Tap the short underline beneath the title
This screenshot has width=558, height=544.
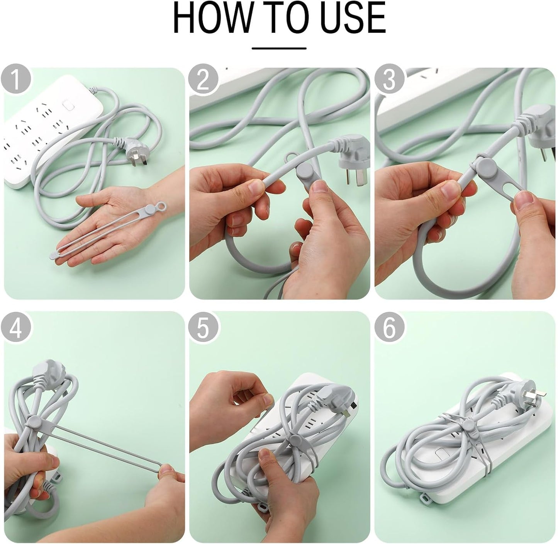coord(279,48)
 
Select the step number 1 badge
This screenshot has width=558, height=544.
coord(16,80)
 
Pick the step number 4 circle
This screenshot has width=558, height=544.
coord(16,327)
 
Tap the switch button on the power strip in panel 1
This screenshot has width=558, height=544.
coord(68,105)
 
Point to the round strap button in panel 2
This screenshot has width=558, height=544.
coord(305,170)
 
